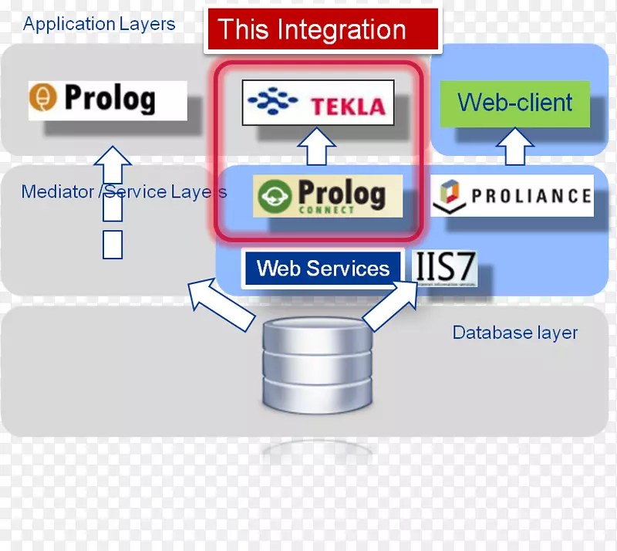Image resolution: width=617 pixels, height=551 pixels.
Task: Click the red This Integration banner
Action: click(322, 30)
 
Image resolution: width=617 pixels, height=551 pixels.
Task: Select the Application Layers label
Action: click(99, 24)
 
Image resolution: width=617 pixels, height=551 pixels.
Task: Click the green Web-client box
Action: click(514, 103)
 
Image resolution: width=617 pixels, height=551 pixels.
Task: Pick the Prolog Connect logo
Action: click(328, 196)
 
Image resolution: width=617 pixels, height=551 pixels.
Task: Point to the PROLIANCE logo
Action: click(511, 195)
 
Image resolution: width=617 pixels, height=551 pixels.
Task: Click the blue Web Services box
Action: click(322, 269)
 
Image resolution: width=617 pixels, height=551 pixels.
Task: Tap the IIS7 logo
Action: click(446, 269)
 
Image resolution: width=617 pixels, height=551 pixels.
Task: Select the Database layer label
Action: click(514, 333)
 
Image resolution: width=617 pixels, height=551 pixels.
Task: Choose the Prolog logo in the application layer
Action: click(107, 100)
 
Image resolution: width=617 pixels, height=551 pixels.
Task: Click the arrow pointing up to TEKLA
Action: click(317, 147)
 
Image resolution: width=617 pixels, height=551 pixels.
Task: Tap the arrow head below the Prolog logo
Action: click(113, 158)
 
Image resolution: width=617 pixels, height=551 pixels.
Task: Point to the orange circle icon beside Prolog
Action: click(44, 100)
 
